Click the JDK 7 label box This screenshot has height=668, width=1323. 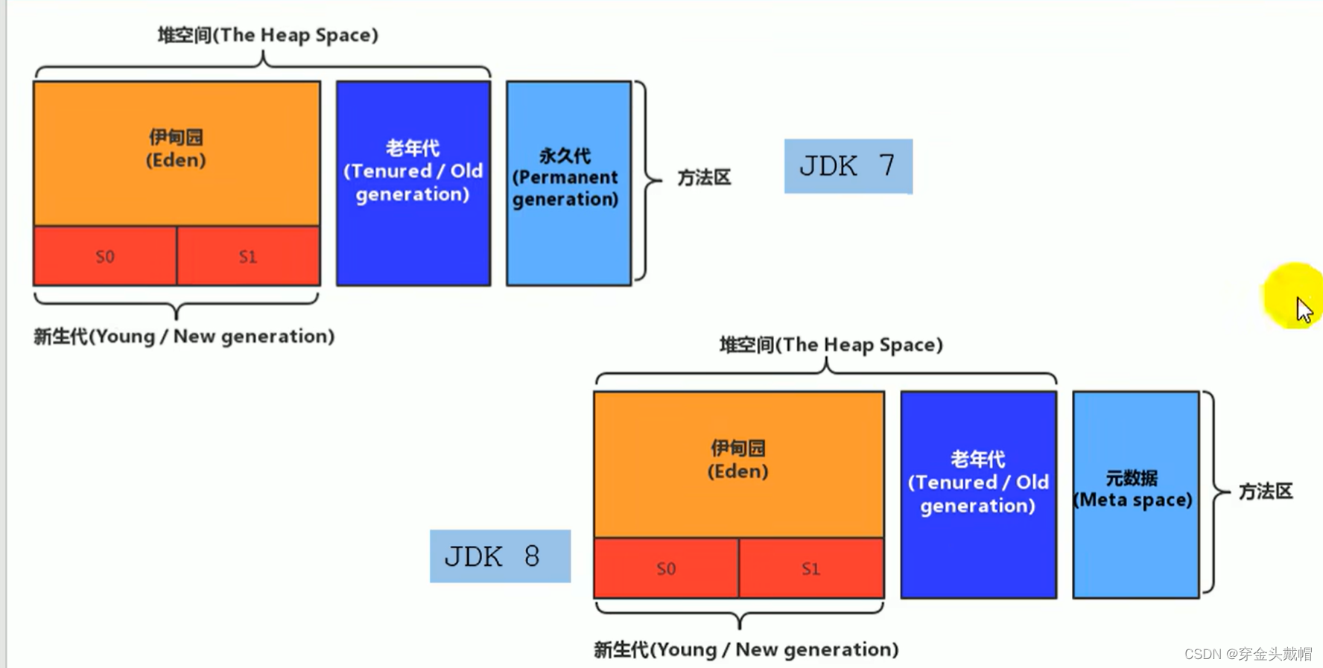(848, 166)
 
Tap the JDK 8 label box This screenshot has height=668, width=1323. (500, 556)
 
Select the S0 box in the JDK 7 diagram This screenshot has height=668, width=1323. (105, 256)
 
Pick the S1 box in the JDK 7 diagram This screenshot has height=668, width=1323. (249, 256)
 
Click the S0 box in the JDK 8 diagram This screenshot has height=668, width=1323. (666, 568)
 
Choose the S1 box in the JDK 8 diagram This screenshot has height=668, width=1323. (811, 568)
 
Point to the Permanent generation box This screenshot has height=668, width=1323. (568, 183)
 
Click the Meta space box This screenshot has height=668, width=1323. (1135, 494)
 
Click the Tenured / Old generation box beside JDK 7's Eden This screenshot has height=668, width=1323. (413, 183)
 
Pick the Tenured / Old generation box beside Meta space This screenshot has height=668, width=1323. (978, 494)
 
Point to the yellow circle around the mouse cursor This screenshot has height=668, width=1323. (1293, 295)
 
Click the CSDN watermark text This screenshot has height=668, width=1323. (1248, 654)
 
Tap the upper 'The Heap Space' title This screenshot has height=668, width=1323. (267, 35)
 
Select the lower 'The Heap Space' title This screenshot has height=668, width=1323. (831, 345)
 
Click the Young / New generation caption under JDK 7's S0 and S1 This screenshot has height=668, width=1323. (184, 337)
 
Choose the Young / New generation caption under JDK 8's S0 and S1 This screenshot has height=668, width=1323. (746, 649)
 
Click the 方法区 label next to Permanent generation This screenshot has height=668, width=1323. (704, 178)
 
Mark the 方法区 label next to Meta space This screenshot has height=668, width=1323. (1266, 492)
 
